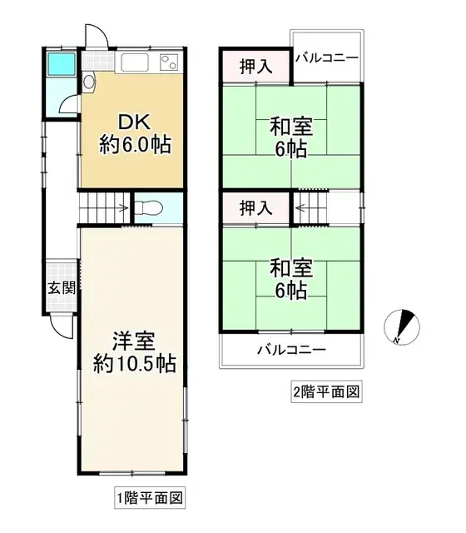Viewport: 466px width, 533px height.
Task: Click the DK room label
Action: click(x=132, y=120)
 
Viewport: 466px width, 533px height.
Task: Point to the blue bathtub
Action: click(x=62, y=64)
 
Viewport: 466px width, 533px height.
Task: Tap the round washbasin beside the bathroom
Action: click(x=88, y=82)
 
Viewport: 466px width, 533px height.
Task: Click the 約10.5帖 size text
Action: click(x=132, y=364)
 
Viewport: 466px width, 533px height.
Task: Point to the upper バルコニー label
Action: click(x=327, y=57)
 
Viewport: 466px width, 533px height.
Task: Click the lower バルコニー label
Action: click(x=290, y=349)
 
